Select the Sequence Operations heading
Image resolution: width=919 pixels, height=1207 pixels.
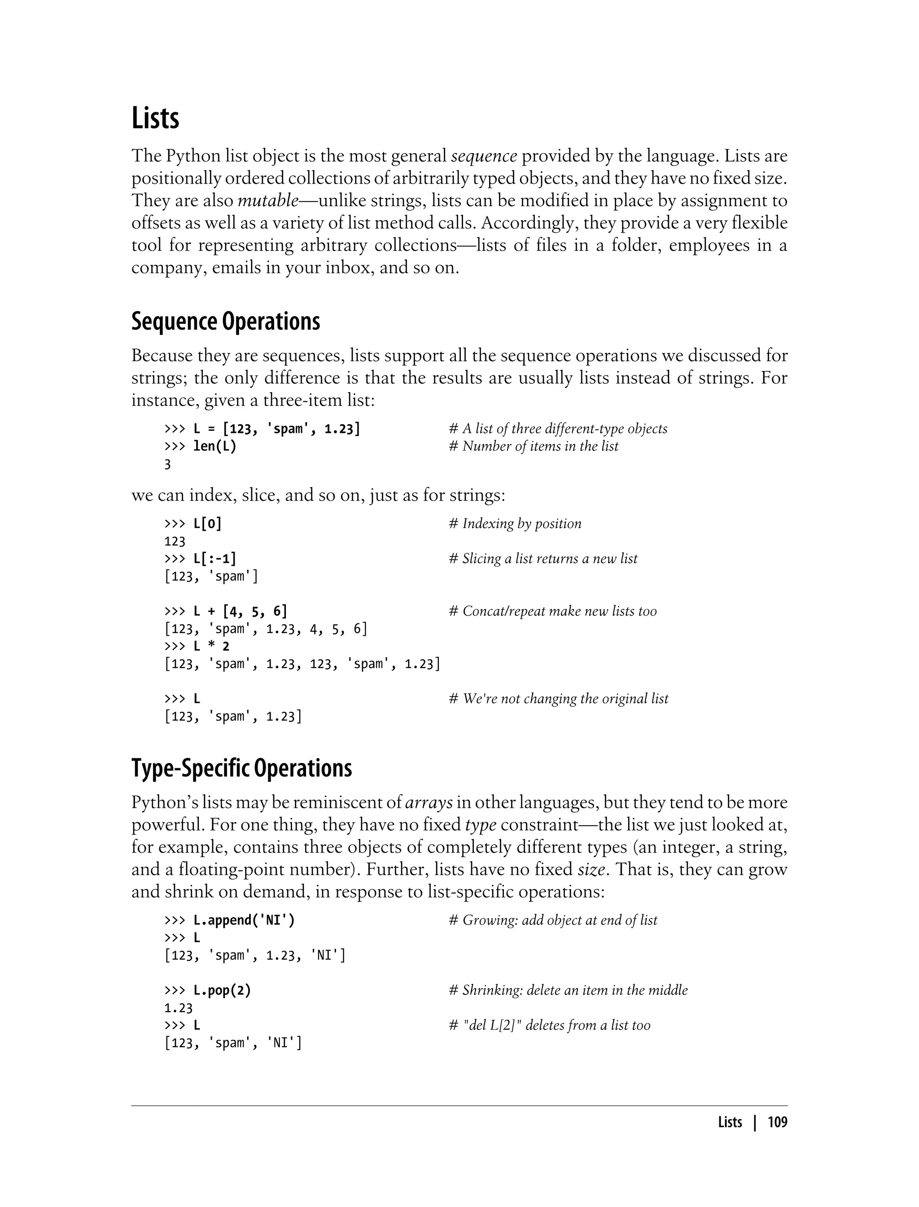coord(225,322)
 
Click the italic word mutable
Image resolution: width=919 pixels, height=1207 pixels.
coord(267,200)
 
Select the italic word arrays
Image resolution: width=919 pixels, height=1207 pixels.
coord(429,802)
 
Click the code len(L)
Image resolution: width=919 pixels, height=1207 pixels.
coord(214,446)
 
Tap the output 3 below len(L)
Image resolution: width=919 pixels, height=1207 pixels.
coord(167,464)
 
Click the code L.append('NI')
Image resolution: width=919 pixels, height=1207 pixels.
coord(244,920)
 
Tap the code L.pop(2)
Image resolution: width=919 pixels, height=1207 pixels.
coord(222,990)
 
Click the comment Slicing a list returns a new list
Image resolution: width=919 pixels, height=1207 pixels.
coord(543,559)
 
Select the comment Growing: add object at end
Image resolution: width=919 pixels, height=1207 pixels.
coord(552,920)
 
